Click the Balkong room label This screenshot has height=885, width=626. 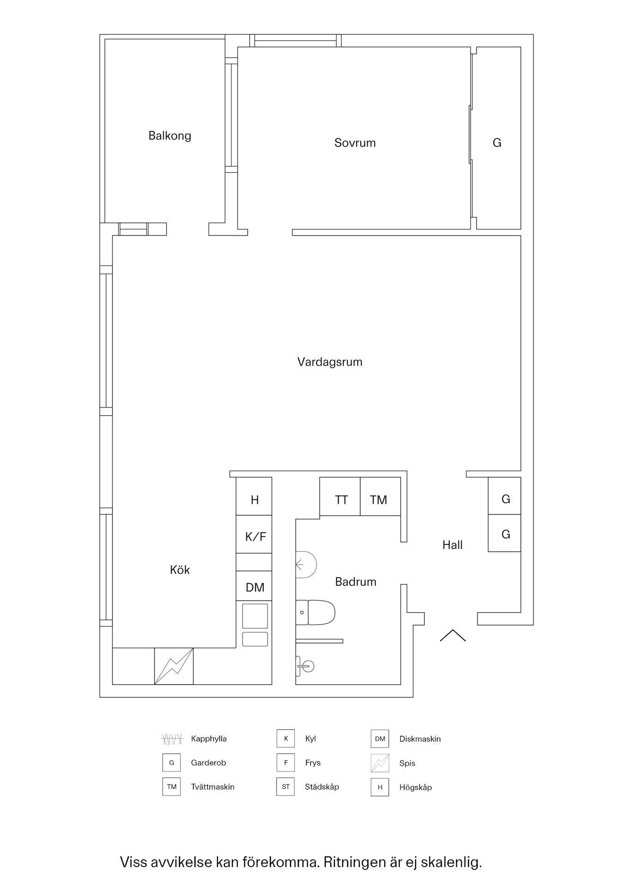pos(169,136)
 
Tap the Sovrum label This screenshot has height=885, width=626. pos(355,143)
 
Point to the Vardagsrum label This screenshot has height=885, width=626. pos(329,362)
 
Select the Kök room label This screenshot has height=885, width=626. pos(179,570)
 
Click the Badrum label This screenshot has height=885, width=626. pos(355,582)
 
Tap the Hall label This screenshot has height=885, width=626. pos(452,545)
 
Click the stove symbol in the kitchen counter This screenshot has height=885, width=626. pos(173,666)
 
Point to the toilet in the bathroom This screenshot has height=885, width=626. pos(316,612)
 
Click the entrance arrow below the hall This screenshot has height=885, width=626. pos(453,636)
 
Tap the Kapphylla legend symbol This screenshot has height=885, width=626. pos(172,739)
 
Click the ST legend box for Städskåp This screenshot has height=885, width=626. pos(286,787)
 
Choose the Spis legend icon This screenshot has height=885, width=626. pos(380,763)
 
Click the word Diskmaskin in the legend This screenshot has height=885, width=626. pos(420,739)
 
